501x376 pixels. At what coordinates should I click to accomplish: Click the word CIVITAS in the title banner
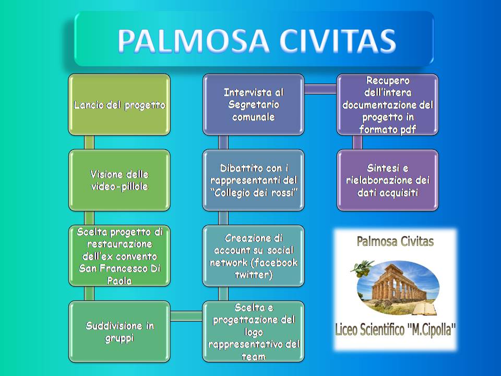pos(338,41)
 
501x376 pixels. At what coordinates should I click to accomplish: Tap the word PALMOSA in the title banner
pos(193,41)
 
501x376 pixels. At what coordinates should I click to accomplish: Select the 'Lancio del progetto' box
pos(119,104)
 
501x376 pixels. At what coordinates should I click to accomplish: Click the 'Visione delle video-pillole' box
pos(119,180)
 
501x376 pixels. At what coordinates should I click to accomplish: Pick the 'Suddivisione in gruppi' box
pos(119,332)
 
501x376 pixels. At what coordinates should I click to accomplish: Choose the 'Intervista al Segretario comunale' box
pos(254,104)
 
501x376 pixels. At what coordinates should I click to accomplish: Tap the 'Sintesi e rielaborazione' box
pos(388,180)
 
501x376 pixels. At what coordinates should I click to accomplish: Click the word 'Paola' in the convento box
pos(120,281)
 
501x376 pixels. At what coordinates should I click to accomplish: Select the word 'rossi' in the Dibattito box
pos(282,193)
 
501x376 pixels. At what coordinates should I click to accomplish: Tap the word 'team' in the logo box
pos(254,357)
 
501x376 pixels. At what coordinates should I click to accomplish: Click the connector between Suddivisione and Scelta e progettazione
pos(186,316)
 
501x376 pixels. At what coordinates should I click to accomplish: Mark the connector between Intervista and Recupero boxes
pos(320,89)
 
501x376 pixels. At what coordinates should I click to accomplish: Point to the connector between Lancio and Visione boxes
pos(89,142)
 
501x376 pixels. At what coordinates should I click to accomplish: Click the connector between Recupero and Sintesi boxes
pos(357,142)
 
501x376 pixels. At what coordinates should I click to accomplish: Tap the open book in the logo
pos(424,309)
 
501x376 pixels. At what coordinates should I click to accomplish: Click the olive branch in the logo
pos(363,266)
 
